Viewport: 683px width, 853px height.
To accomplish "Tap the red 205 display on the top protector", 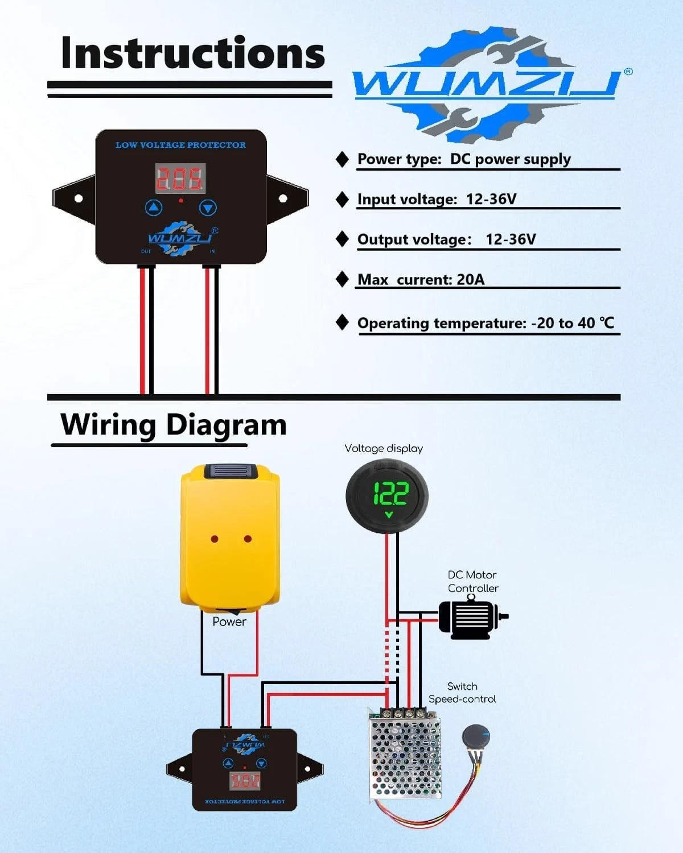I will [x=180, y=179].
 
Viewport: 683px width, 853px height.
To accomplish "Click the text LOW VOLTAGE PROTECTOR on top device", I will [x=180, y=145].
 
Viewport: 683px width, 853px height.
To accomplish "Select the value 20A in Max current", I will [x=471, y=280].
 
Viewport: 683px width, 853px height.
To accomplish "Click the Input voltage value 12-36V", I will [x=491, y=199].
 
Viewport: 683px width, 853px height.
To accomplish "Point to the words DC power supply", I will [x=510, y=159].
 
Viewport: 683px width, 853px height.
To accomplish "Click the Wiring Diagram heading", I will [x=174, y=425].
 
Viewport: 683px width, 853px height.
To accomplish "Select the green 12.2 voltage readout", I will [x=390, y=493].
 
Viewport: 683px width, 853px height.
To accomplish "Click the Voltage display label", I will [x=384, y=449].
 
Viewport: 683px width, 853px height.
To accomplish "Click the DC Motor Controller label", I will [x=472, y=582].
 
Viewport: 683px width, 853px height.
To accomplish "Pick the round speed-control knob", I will [x=475, y=739].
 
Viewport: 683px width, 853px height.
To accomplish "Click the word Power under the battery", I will [x=229, y=622].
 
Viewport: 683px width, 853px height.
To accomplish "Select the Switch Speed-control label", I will [x=462, y=693].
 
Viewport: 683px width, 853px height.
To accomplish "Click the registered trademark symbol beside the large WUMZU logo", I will [x=628, y=72].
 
